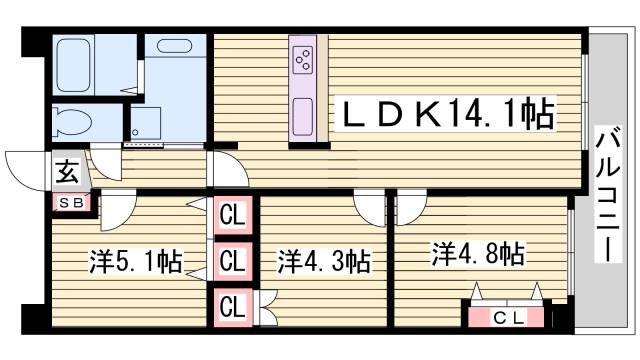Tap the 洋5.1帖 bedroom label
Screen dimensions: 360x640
[135, 262]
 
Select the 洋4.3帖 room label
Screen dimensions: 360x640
[324, 262]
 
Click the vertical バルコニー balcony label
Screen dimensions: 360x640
[607, 194]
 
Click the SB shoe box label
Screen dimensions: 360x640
[73, 203]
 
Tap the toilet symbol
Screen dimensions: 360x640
[70, 121]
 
